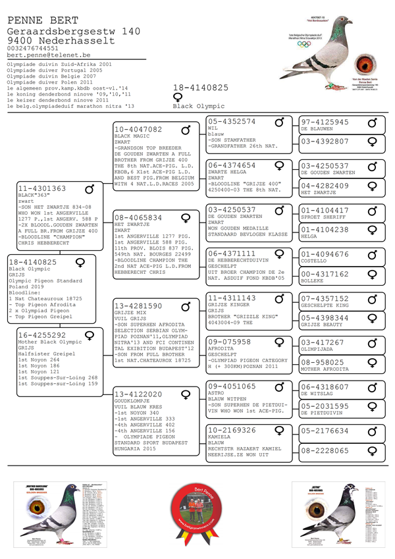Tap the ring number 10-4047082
(x=138, y=130)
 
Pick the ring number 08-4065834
(x=138, y=217)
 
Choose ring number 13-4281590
(x=138, y=306)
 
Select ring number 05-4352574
(x=232, y=122)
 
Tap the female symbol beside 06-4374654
(x=279, y=165)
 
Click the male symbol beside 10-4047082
(x=186, y=130)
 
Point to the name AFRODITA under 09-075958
(x=221, y=350)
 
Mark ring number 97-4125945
(x=325, y=122)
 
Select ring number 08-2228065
(x=325, y=451)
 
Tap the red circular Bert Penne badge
(x=198, y=515)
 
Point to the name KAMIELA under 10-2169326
(x=219, y=437)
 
